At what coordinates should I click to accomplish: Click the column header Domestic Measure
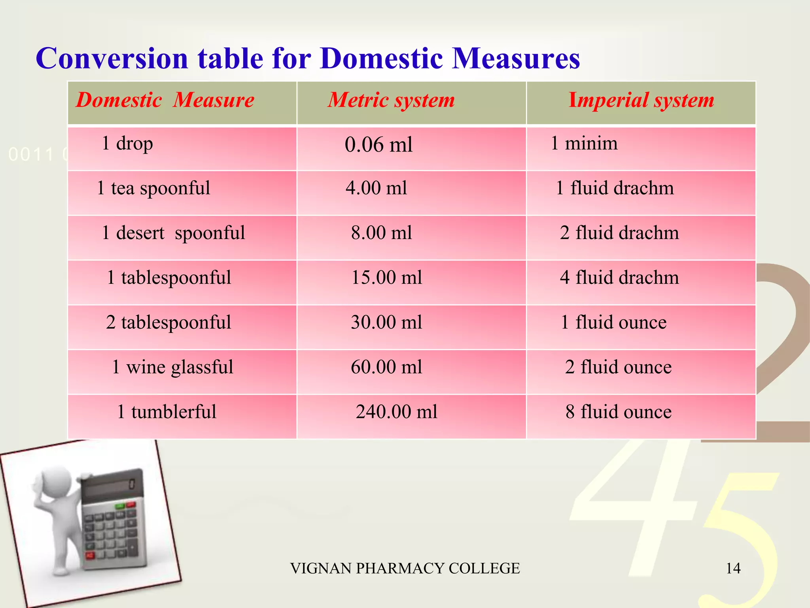coord(165,100)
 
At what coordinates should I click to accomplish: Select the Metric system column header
coord(391,100)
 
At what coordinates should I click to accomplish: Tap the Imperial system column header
coord(641,100)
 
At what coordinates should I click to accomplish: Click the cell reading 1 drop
coord(127,143)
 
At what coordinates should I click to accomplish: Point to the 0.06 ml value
coord(379,144)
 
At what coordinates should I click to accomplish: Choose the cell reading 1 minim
coord(584,143)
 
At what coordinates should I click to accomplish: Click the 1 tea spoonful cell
coord(153,188)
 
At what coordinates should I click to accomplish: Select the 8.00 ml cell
coord(382,233)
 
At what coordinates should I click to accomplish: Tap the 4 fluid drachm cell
coord(619,277)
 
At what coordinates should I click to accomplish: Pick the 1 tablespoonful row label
coord(169,277)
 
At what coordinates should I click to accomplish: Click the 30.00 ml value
coord(386,322)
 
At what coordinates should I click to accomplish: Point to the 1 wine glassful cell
coord(172,367)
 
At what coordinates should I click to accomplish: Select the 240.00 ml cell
coord(397,412)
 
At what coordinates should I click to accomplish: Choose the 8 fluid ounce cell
coord(619,412)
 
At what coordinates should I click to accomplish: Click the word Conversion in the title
coord(112,59)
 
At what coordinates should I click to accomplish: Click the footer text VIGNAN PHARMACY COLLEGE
coord(405,568)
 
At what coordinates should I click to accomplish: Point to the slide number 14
coord(733,568)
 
